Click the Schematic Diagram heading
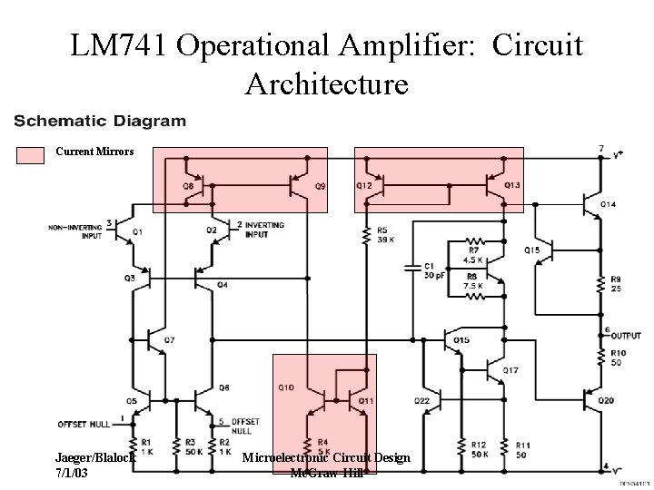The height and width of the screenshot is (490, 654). (100, 120)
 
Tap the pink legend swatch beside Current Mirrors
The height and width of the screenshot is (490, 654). (32, 153)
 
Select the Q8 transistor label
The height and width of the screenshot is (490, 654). (188, 186)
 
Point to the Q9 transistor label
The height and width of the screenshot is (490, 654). (321, 186)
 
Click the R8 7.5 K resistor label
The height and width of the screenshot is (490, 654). (472, 281)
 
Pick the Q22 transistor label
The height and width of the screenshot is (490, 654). (421, 400)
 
